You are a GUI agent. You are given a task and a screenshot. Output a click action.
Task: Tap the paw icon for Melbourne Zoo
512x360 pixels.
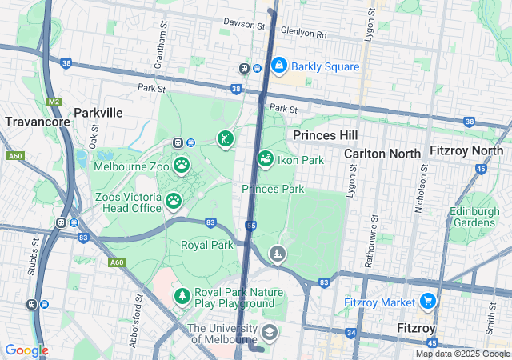pos(182,165)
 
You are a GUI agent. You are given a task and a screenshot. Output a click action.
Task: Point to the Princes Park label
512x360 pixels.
pos(273,189)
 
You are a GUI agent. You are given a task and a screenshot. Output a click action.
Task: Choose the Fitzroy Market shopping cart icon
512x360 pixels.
pos(428,302)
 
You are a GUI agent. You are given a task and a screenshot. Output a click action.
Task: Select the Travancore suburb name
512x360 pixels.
pos(33,122)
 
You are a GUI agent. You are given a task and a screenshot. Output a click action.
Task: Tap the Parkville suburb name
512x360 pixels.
pos(98,113)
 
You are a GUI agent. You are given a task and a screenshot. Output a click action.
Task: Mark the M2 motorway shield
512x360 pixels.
pos(54,102)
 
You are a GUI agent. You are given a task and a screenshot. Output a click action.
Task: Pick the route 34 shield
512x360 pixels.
pos(350,333)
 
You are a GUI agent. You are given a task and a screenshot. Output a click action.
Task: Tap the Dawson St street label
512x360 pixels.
pos(244,25)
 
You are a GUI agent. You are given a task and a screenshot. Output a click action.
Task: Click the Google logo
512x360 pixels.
pos(26,350)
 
